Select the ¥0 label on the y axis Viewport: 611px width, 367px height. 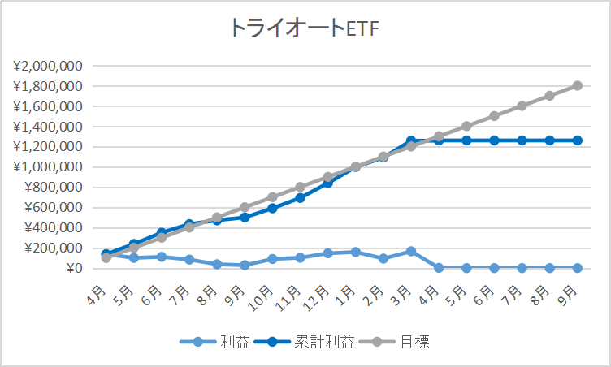point(73,268)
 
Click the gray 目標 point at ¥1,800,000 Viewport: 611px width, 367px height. point(577,85)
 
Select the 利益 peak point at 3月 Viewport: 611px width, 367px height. point(411,252)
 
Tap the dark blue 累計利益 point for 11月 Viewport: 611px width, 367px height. point(301,197)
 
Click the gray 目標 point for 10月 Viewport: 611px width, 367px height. point(273,197)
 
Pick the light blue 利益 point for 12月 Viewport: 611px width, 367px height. point(328,253)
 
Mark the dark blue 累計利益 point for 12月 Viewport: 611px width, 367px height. point(328,183)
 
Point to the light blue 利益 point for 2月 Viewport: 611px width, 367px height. point(383,258)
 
